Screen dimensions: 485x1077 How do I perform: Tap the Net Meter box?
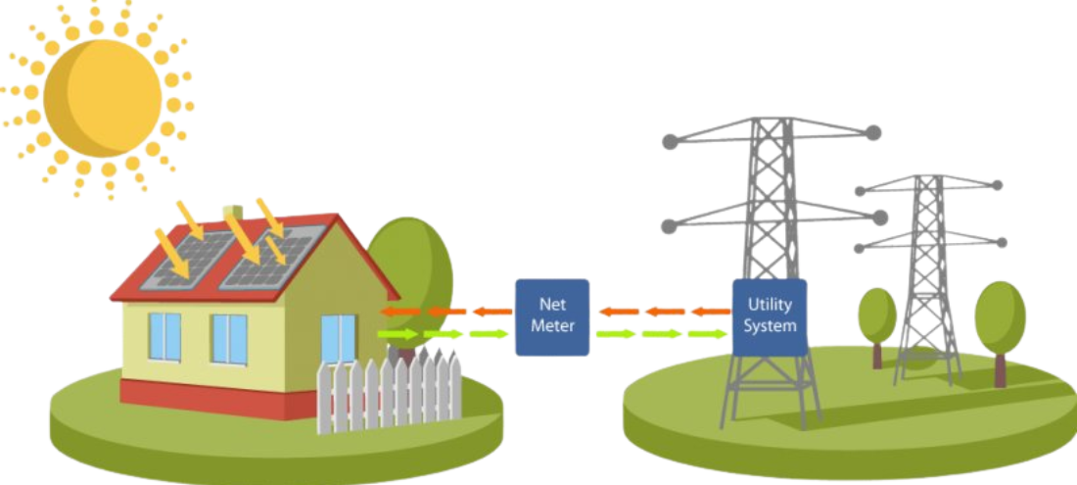click(x=552, y=316)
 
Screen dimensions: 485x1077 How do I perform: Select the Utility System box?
click(x=771, y=315)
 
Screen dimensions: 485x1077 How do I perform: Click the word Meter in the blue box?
click(x=552, y=326)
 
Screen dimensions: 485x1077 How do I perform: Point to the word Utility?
click(x=771, y=306)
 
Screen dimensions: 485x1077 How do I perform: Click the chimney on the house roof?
click(x=232, y=212)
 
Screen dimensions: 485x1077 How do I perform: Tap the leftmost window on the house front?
click(x=164, y=336)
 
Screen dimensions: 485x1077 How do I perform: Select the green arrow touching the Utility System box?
click(x=711, y=334)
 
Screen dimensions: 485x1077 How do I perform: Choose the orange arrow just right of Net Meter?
click(x=617, y=313)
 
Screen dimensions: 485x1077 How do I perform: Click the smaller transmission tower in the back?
click(x=925, y=274)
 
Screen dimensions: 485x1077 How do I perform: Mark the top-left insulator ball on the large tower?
click(x=670, y=142)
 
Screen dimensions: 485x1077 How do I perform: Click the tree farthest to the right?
click(x=1000, y=318)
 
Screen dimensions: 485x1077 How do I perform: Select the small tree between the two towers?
click(x=877, y=315)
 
